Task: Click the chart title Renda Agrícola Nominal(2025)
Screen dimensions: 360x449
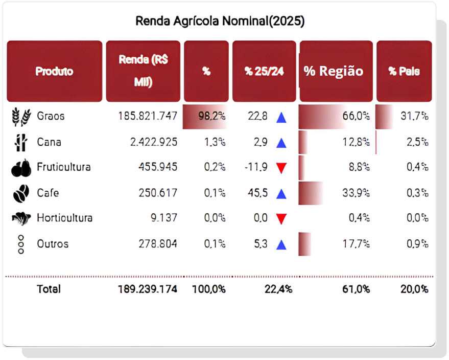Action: point(220,21)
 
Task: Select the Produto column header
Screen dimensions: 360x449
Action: point(54,71)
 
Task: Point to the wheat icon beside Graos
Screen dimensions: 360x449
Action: point(21,117)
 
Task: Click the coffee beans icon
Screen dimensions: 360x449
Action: point(21,193)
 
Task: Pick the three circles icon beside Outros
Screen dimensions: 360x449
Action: point(21,244)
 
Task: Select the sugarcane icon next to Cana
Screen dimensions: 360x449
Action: point(21,142)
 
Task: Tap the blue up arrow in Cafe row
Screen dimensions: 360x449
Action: point(281,194)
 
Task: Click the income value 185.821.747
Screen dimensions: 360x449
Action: point(147,116)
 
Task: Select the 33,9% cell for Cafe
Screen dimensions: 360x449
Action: point(356,193)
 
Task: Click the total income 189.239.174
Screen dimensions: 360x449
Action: point(147,289)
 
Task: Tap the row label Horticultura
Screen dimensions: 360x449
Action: point(64,218)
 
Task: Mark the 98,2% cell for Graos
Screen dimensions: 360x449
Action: point(212,116)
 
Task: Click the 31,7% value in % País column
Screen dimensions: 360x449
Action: point(414,116)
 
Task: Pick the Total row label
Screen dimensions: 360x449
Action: point(49,289)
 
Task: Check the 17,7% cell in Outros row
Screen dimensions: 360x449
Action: point(356,244)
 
